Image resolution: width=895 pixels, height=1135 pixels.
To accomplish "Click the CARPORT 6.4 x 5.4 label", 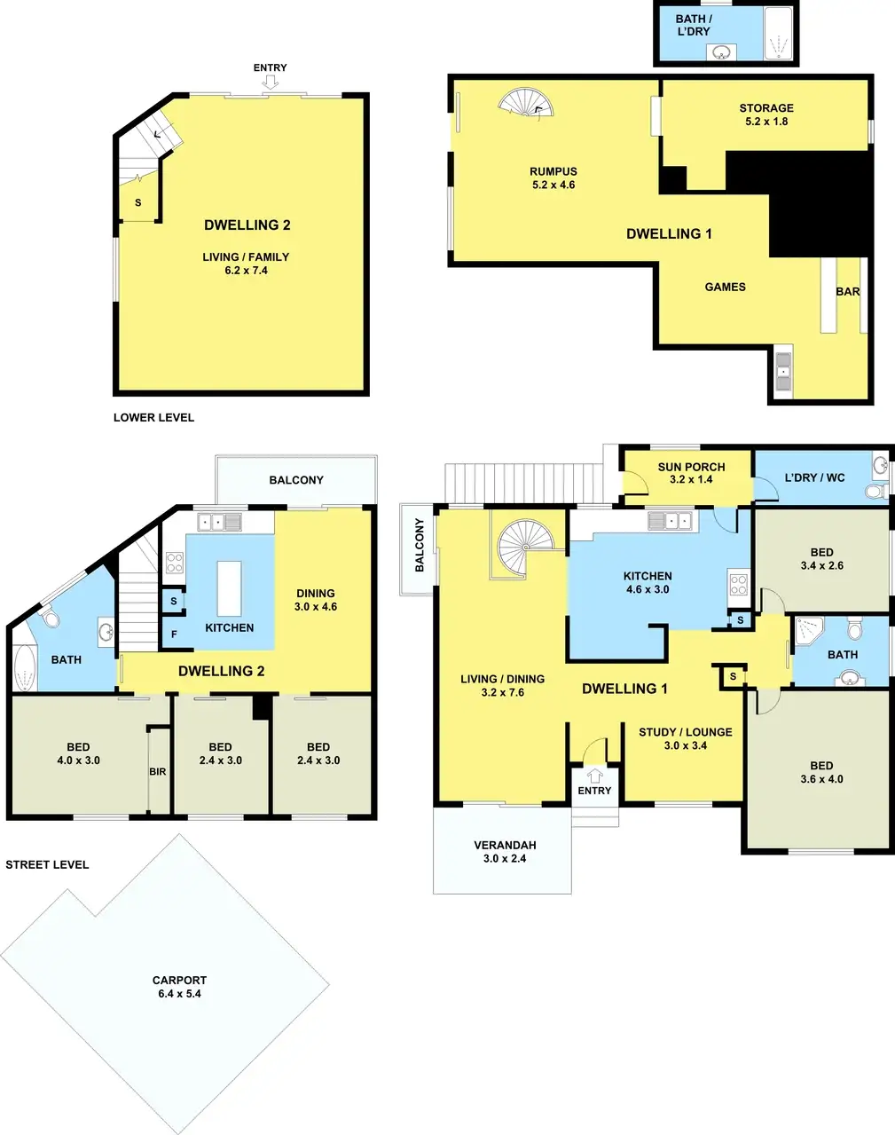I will (x=179, y=987).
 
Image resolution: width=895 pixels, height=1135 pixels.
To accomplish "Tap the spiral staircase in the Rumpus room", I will (x=526, y=103).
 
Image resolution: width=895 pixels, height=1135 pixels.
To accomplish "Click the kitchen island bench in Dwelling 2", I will (x=229, y=588).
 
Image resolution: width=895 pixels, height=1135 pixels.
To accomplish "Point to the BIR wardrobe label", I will (x=158, y=772).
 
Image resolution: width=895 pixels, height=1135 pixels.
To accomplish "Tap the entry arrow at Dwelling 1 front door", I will (x=594, y=775).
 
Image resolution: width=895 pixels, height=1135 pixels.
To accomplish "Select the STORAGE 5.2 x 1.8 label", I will (x=766, y=114).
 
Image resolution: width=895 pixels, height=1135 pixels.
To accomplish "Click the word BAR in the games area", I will (x=847, y=291).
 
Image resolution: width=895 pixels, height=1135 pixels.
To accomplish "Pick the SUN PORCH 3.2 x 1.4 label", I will (x=691, y=473).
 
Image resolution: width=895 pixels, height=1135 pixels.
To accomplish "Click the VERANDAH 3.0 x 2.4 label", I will (x=505, y=852).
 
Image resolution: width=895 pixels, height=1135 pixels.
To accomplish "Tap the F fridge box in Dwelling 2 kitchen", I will (x=174, y=634).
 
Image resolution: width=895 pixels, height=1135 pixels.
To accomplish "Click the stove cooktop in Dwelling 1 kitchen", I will (x=738, y=584).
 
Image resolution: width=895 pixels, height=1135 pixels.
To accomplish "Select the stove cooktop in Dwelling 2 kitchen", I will (x=174, y=563).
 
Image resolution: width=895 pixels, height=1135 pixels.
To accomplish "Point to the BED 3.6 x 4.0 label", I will (x=820, y=772).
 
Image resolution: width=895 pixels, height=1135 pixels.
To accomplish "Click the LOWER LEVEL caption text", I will (x=153, y=417).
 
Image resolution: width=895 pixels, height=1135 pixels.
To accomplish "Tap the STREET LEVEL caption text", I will (x=47, y=864).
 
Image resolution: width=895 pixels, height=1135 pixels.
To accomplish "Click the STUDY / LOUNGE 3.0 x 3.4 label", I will (x=686, y=738).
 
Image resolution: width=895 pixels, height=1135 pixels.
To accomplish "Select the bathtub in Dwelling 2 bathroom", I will (x=24, y=668).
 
